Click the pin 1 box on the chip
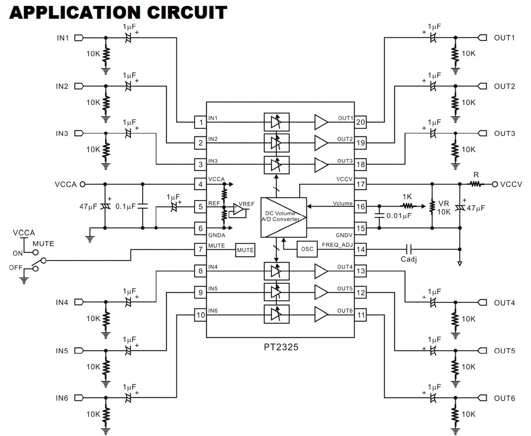coord(201,122)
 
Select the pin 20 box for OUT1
coord(361,122)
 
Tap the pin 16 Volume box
coord(361,207)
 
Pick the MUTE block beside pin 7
coord(245,250)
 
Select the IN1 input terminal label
coord(62,38)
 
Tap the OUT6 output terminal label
coord(505,398)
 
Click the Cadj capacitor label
coord(409,259)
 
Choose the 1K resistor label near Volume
coord(407,197)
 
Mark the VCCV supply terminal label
coord(511,184)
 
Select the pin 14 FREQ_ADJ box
coord(361,250)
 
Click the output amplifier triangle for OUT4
coord(321,271)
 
